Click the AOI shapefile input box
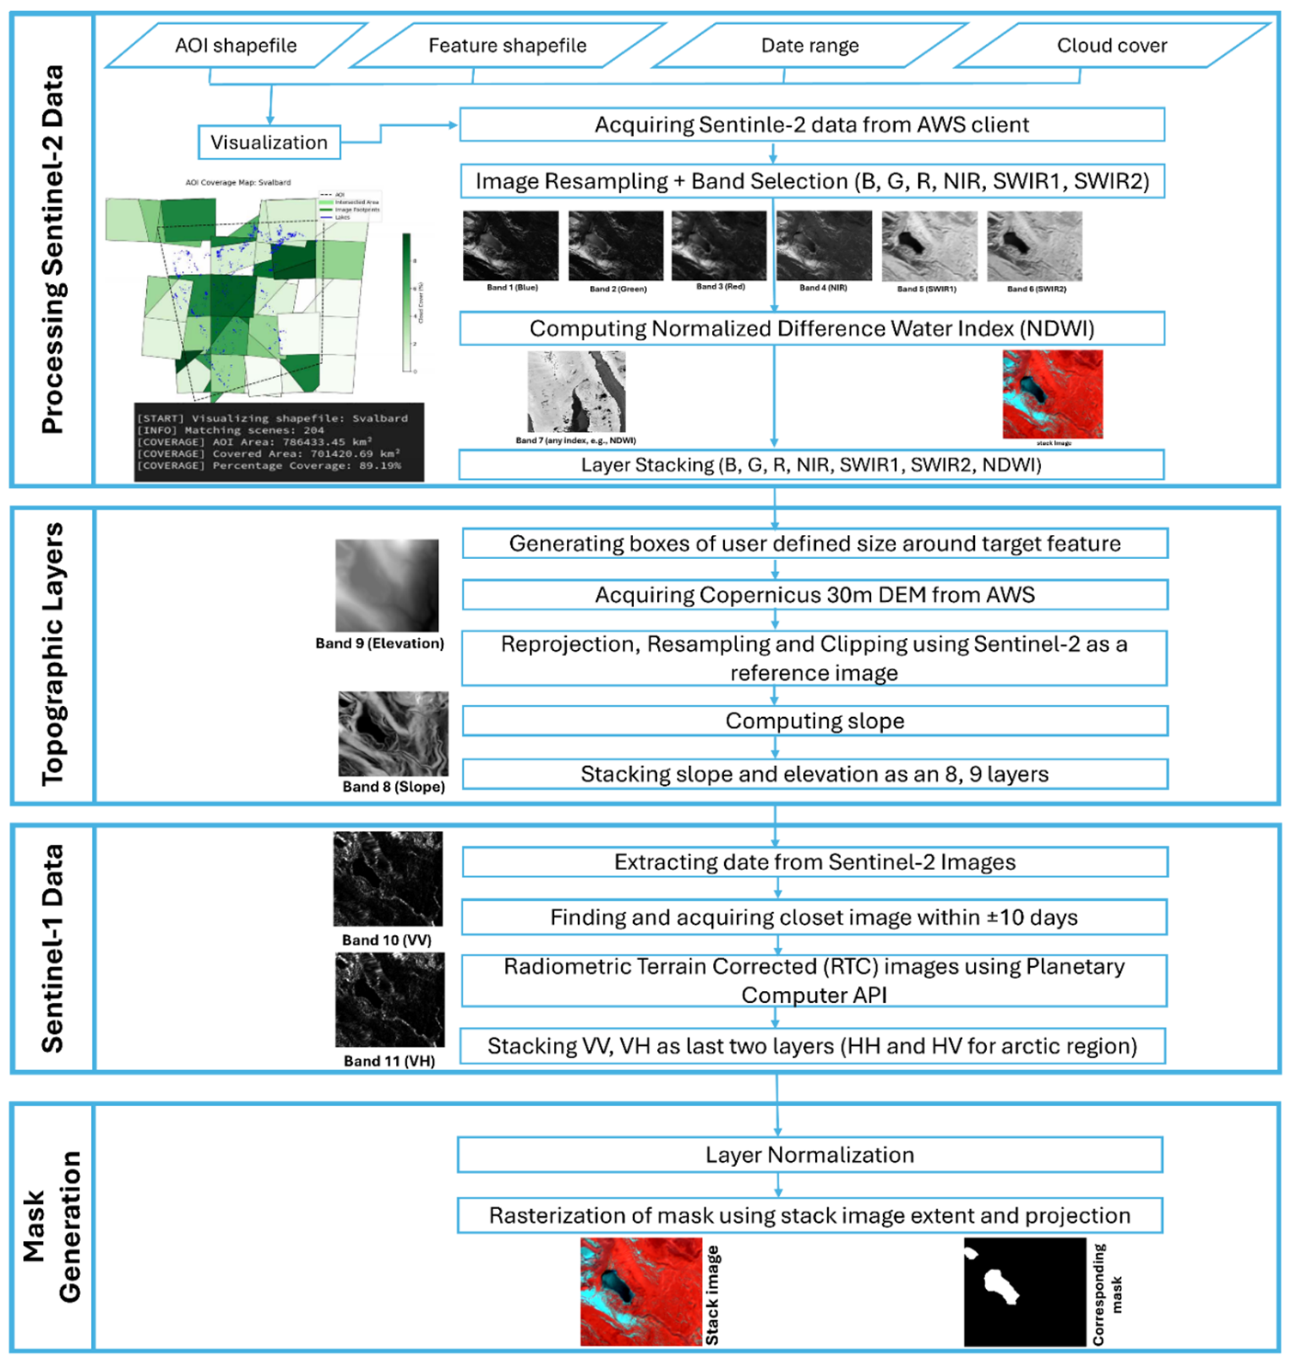click(x=236, y=46)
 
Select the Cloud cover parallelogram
click(x=1111, y=46)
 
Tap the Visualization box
click(x=269, y=143)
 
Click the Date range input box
click(x=809, y=46)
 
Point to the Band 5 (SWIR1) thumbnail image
click(x=929, y=246)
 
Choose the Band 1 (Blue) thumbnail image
click(x=510, y=246)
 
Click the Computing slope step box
click(x=814, y=721)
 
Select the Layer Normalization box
click(x=809, y=1155)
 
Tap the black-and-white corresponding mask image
click(x=1024, y=1291)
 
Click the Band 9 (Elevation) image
click(x=387, y=586)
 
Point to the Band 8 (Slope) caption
click(x=393, y=787)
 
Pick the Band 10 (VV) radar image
click(x=388, y=879)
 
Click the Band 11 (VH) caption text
click(x=389, y=1061)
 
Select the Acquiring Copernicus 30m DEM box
click(x=814, y=595)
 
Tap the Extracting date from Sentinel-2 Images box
click(x=814, y=862)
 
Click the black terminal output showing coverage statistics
click(x=279, y=441)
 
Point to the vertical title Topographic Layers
click(x=52, y=654)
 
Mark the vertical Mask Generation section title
click(x=52, y=1226)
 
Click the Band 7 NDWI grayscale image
click(x=576, y=392)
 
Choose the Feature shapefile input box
click(x=507, y=46)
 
